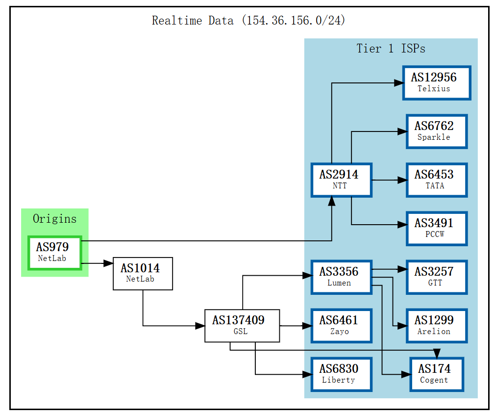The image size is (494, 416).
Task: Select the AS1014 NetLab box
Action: (143, 273)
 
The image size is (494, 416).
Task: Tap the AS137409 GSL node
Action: (242, 325)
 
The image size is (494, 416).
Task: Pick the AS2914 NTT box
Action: (342, 180)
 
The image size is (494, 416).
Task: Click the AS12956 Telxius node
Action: (437, 82)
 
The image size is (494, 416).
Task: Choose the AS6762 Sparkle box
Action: (437, 131)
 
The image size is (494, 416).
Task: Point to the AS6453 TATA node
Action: (437, 180)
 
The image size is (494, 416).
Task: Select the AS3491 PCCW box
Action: (437, 228)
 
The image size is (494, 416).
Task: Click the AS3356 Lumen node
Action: (342, 277)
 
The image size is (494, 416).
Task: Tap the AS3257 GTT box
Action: (437, 277)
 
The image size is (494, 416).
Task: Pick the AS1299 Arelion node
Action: (437, 325)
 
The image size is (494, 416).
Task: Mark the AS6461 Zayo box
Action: (342, 325)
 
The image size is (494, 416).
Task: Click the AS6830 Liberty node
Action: (342, 374)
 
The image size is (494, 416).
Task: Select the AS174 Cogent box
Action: (437, 374)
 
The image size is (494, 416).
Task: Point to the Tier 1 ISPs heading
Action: (391, 49)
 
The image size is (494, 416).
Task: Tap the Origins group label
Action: (54, 219)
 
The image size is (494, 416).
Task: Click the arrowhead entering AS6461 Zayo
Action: (307, 325)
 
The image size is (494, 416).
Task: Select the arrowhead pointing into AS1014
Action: (108, 263)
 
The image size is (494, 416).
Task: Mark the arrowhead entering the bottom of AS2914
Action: (332, 201)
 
